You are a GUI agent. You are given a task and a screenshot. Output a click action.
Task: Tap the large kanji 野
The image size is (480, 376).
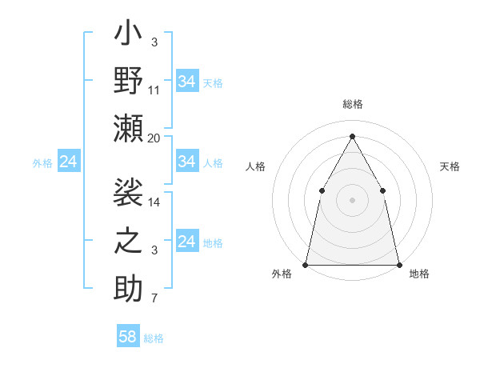point(129,81)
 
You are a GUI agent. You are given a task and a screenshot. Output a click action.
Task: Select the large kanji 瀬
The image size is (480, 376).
point(129,129)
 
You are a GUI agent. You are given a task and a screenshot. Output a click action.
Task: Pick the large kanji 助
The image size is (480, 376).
point(129,288)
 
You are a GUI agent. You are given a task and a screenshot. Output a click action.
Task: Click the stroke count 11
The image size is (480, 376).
point(154,90)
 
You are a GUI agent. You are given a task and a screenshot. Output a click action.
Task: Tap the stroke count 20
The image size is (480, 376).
point(154,138)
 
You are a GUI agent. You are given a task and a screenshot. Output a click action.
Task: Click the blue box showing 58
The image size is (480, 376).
point(128,337)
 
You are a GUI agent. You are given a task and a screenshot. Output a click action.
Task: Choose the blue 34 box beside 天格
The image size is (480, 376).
point(186,82)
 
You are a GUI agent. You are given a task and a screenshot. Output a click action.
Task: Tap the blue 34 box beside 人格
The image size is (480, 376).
point(186,162)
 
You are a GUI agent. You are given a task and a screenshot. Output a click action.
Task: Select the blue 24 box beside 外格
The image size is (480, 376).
point(68,162)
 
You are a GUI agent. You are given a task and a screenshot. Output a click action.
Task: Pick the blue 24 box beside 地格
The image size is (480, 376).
point(186,242)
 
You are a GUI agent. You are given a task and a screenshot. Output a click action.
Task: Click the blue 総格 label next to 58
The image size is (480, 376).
point(154,338)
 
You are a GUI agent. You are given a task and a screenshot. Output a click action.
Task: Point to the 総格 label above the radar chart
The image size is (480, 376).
point(352,104)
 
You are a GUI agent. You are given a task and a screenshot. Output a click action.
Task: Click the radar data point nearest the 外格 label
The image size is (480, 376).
point(306,264)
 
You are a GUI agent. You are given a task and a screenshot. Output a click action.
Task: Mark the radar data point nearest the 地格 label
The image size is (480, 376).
point(398,264)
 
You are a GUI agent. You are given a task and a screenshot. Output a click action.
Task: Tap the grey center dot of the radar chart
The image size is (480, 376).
point(352,199)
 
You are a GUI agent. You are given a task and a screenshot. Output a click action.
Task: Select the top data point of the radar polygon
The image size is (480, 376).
point(352,136)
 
